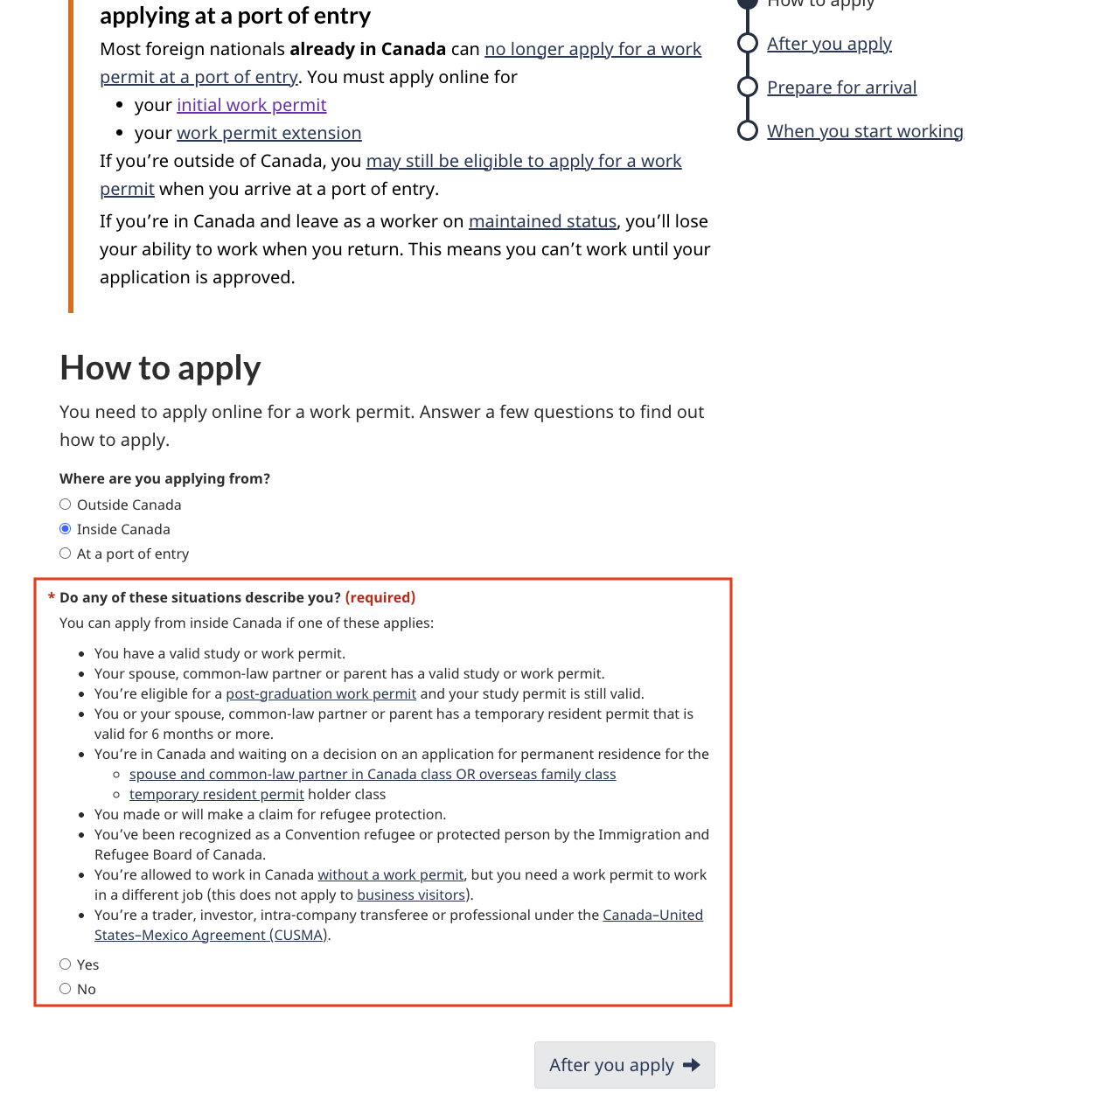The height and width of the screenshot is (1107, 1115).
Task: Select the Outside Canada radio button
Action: [66, 505]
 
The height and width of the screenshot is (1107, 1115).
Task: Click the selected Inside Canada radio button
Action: [66, 529]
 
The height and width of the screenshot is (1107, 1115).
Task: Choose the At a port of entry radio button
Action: [66, 553]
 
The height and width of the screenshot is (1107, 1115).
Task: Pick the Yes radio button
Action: [66, 964]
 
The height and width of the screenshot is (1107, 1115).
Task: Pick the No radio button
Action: [66, 989]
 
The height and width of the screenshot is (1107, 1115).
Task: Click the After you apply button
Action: [624, 1065]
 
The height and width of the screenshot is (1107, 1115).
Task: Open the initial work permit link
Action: [251, 106]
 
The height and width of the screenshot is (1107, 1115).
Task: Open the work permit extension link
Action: [268, 134]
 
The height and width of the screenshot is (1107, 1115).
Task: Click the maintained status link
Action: [542, 222]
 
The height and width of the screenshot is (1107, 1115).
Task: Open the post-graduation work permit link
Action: [321, 694]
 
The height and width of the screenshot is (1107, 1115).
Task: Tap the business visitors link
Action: [411, 895]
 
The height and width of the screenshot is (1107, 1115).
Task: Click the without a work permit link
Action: [390, 875]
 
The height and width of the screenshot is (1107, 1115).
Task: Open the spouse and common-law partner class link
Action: [373, 775]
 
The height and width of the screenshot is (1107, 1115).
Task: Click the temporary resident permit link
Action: [217, 795]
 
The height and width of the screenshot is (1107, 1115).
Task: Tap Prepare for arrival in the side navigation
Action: [841, 88]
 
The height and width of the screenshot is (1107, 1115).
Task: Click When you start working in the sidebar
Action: [865, 132]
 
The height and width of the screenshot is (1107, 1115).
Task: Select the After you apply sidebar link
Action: [829, 45]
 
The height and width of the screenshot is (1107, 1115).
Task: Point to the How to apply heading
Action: [160, 368]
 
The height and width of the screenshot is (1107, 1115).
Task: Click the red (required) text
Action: [380, 598]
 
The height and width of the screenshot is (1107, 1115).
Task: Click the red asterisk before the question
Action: [52, 597]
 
